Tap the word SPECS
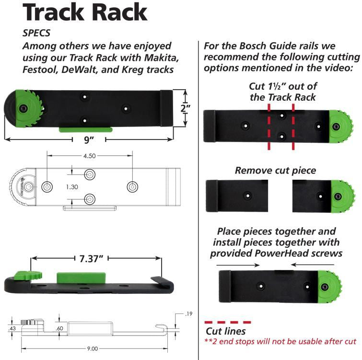pos(37,34)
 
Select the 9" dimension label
pos(88,140)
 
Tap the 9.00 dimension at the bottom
pos(91,349)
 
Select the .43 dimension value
pos(12,329)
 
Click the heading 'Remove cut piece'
pos(275,170)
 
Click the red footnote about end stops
pos(280,341)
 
